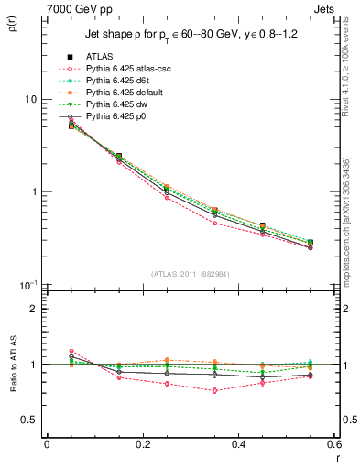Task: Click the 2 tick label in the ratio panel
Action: (34, 309)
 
